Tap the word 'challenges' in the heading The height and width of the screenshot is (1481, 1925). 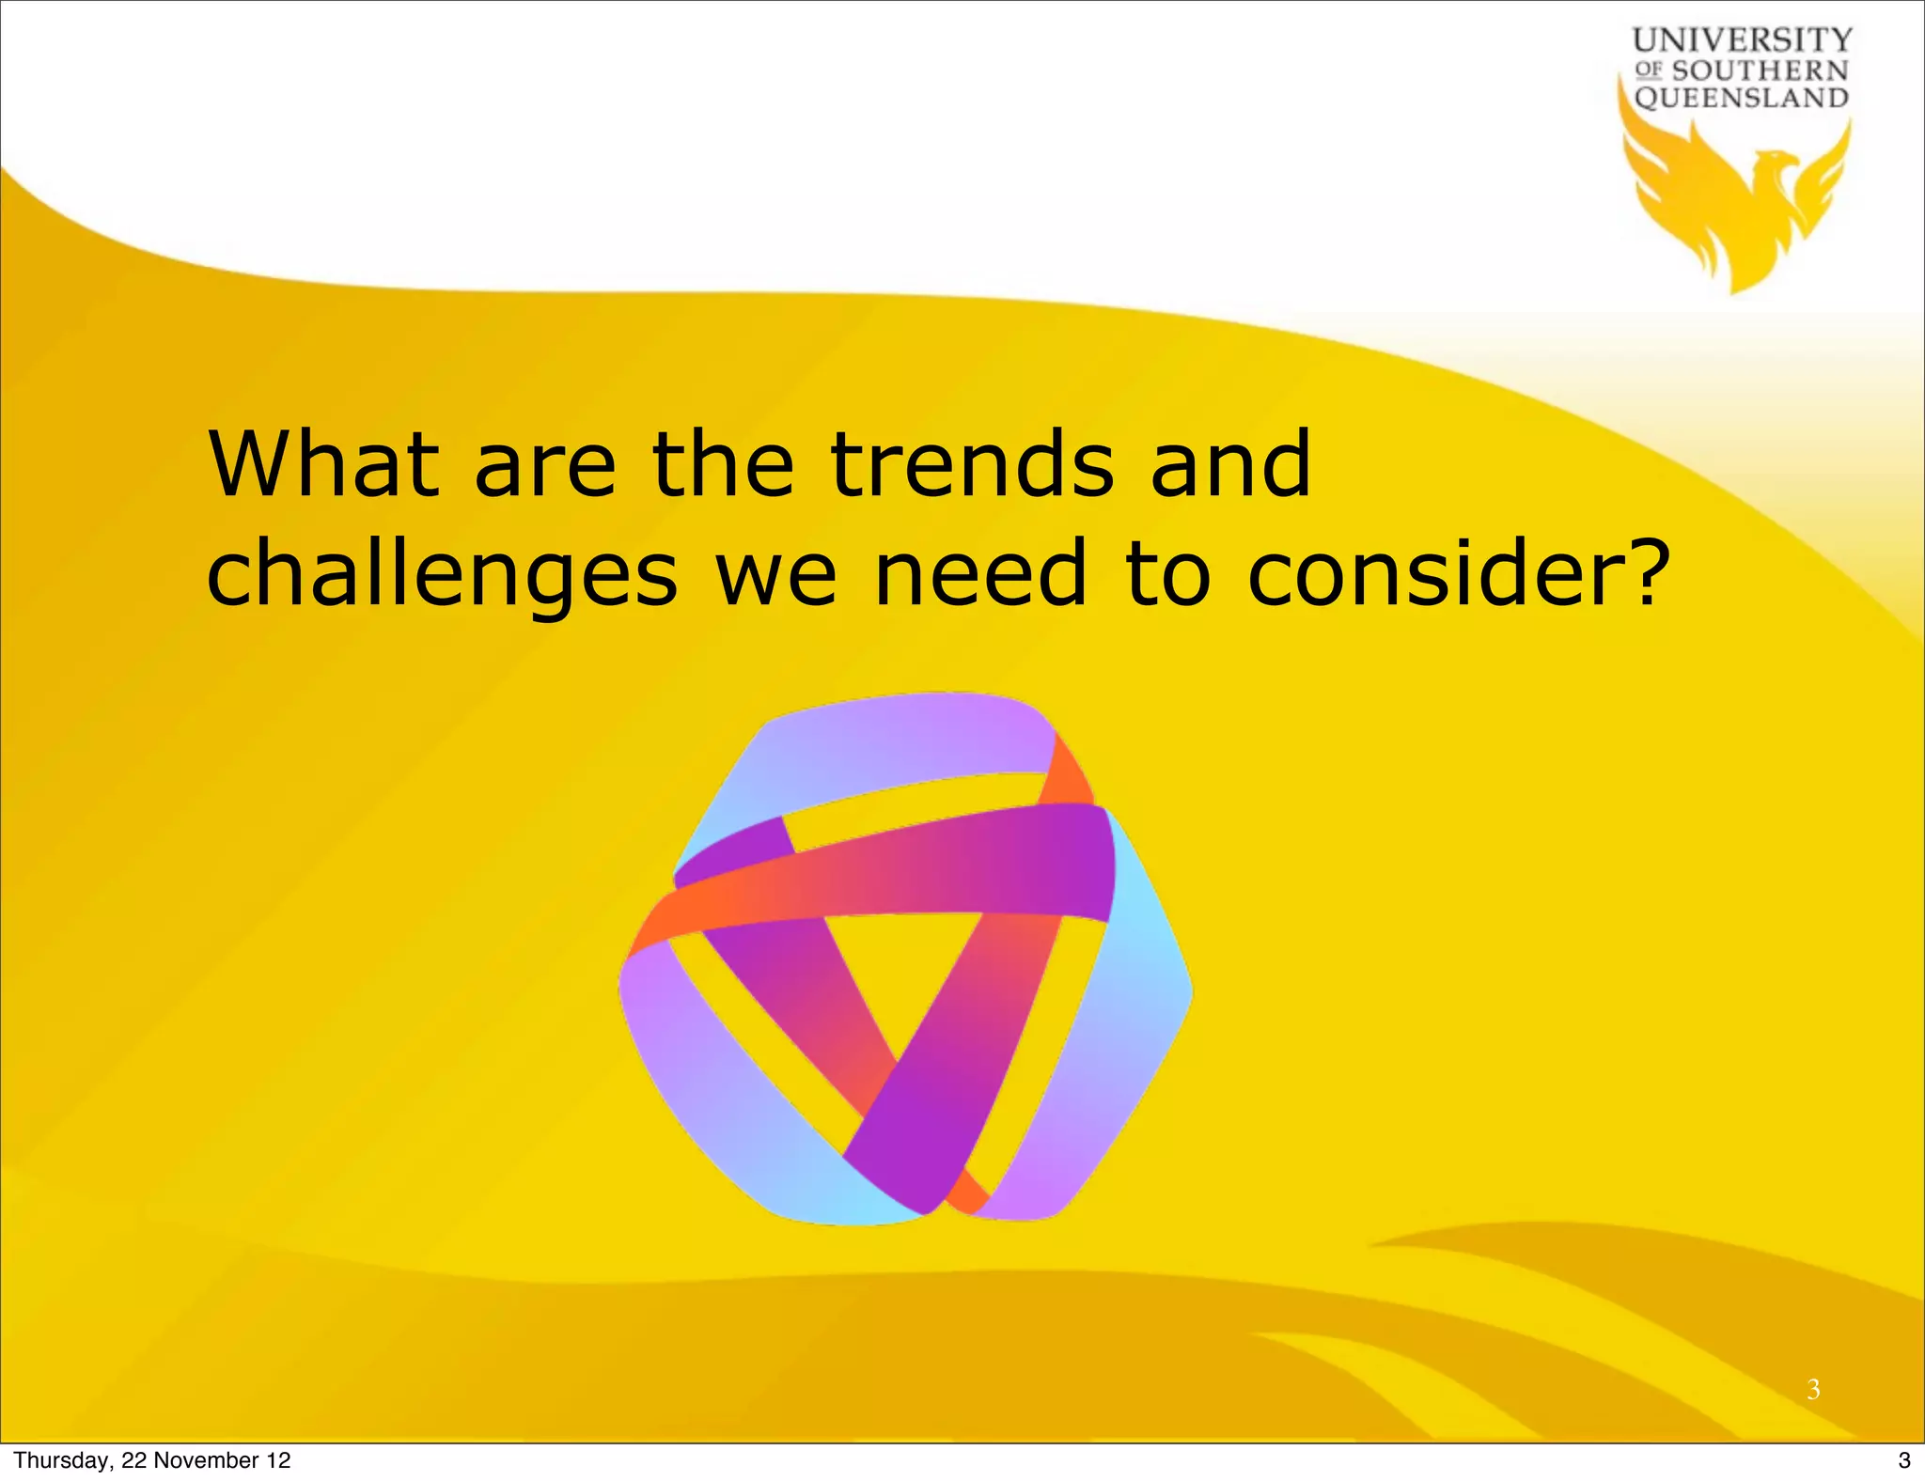pos(442,573)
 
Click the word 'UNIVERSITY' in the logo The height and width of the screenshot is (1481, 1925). pos(1742,40)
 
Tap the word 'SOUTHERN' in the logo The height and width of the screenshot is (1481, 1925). pos(1760,70)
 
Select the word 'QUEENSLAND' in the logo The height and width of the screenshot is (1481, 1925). pos(1742,98)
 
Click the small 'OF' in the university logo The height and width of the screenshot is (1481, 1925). pos(1650,70)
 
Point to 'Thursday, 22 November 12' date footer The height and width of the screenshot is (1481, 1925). pos(152,1460)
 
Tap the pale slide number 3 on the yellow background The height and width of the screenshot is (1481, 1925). pos(1813,1388)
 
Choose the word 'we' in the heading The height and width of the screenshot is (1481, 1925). pos(775,573)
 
